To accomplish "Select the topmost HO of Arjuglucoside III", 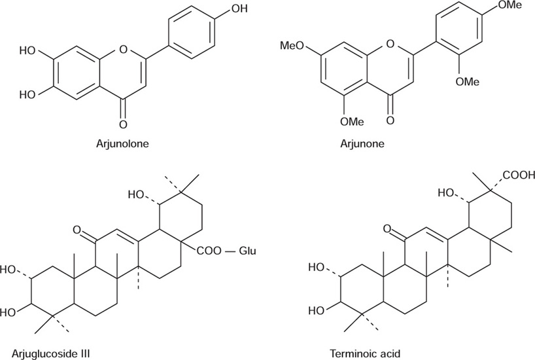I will (x=138, y=195).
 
